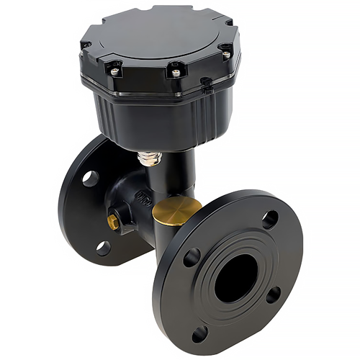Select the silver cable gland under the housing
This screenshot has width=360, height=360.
coord(150,157)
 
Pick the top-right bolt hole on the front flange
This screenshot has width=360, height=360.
coord(270,219)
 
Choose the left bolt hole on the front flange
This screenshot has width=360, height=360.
coord(192,257)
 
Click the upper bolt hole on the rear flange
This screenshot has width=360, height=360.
coord(90,178)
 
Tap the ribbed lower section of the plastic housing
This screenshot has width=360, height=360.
coord(155,119)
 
